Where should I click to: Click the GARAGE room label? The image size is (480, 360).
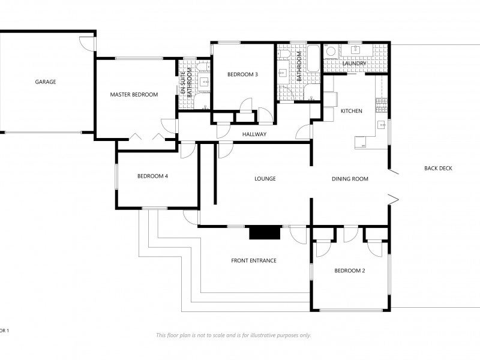46,82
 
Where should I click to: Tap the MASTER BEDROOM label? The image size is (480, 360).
134,95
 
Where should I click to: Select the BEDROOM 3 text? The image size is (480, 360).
242,74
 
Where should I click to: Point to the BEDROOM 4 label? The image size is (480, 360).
152,176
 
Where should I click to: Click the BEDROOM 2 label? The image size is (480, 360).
350,271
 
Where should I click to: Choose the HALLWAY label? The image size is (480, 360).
254,134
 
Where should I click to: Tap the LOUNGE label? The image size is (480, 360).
265,178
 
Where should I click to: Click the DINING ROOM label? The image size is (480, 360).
350,179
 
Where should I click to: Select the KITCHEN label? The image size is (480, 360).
352,111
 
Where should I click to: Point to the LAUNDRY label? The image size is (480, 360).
354,64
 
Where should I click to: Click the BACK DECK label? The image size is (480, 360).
438,168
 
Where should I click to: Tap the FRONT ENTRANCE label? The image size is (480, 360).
254,260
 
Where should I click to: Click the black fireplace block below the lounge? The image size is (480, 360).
265,233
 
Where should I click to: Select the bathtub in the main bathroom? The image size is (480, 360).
313,58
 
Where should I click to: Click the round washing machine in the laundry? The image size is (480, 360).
331,51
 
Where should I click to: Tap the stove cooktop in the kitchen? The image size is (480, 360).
382,104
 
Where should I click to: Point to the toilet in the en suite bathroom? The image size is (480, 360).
203,67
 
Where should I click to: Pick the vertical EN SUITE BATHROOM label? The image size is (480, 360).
186,83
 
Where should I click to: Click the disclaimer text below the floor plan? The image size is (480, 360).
233,335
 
